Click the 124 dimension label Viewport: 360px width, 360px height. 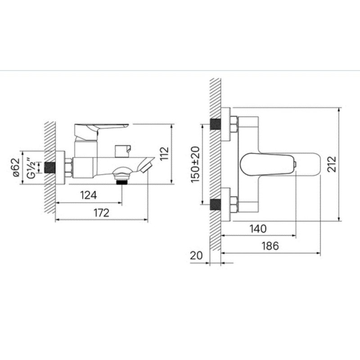point(88,195)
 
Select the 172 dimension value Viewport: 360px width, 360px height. point(101,213)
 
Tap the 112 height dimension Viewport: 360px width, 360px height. point(164,153)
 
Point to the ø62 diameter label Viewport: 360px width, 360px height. point(16,167)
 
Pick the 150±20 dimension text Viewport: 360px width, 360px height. point(195,164)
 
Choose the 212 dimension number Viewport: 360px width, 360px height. point(332,164)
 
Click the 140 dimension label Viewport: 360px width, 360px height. point(258,229)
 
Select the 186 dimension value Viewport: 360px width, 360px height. point(270,246)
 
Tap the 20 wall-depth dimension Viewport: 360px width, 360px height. point(196,256)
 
